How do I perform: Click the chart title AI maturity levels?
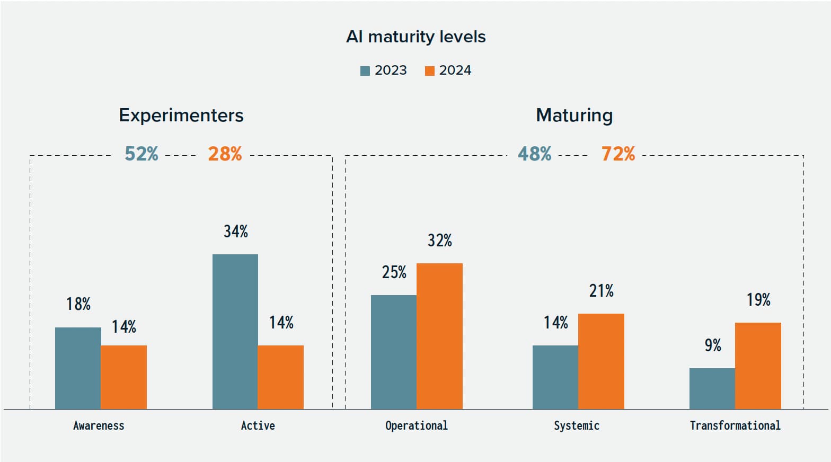(x=415, y=37)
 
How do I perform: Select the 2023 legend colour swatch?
(x=365, y=71)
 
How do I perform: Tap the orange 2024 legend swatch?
(x=429, y=71)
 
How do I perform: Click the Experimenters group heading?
(x=181, y=115)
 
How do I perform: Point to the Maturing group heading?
(x=574, y=115)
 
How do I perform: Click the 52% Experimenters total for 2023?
(x=141, y=154)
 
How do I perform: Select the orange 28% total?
(x=225, y=154)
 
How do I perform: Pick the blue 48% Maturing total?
(x=534, y=154)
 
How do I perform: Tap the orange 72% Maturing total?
(x=618, y=154)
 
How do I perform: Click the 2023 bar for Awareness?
(x=78, y=368)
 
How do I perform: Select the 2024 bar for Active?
(x=280, y=377)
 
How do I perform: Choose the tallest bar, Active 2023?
(x=235, y=331)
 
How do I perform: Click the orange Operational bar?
(x=439, y=336)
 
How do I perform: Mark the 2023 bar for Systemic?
(x=555, y=377)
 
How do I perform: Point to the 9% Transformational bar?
(x=712, y=388)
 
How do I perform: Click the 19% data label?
(x=758, y=300)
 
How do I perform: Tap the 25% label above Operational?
(x=394, y=272)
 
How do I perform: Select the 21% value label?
(x=601, y=291)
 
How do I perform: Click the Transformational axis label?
(x=735, y=425)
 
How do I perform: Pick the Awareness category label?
(x=99, y=425)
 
